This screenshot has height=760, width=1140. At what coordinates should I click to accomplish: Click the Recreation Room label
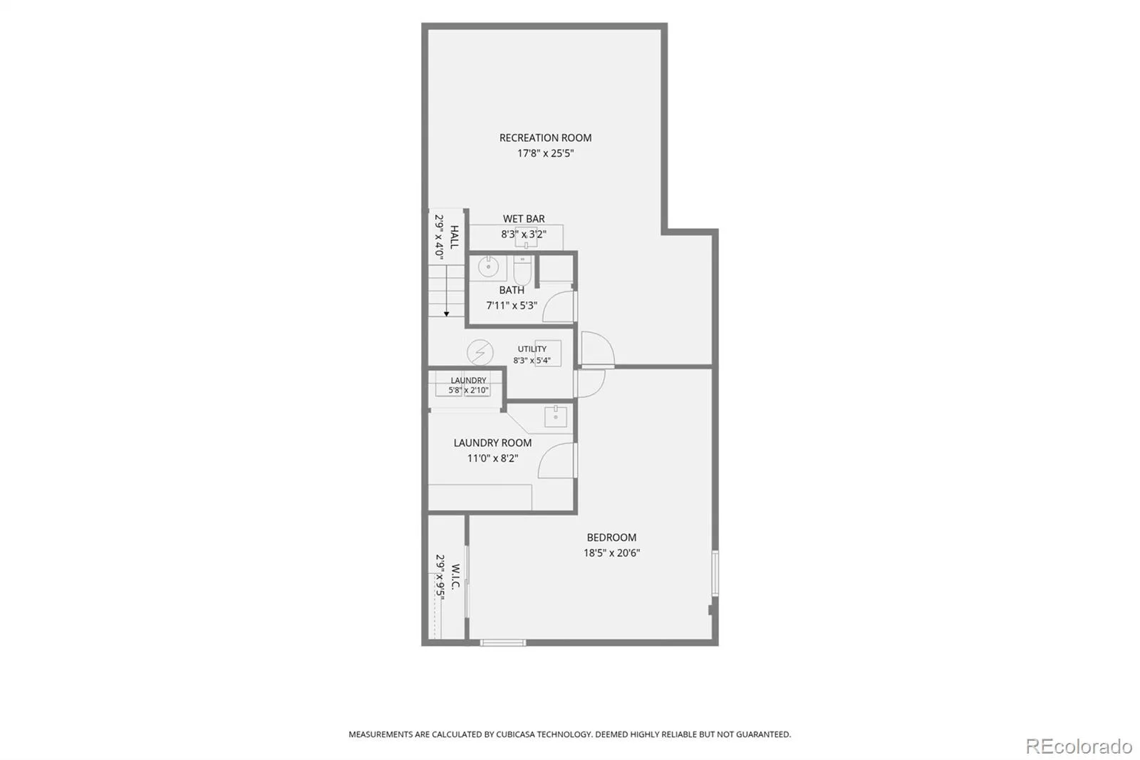545,138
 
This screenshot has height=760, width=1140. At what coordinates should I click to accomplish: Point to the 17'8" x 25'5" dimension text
545,153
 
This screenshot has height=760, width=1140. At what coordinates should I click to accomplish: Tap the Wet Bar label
524,219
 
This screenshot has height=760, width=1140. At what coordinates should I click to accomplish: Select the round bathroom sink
488,267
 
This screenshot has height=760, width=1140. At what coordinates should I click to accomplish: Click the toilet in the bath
522,270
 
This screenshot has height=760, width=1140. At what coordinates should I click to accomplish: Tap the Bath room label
512,290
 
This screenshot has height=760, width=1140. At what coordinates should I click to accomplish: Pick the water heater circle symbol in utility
480,352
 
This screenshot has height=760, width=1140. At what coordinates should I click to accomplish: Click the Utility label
532,349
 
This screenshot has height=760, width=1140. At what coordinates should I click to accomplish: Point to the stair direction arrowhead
446,314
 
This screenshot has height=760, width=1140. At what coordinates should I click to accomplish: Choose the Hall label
455,237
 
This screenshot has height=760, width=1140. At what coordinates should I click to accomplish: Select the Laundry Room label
492,443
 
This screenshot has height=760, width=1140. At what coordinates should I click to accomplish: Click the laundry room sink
556,416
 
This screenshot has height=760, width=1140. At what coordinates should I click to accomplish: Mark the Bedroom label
611,538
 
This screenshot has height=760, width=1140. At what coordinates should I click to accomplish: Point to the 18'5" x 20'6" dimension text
611,553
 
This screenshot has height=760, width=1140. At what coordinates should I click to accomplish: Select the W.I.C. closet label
455,576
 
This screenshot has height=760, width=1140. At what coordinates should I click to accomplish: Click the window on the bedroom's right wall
715,573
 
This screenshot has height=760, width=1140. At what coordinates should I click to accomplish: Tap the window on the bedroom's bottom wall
503,643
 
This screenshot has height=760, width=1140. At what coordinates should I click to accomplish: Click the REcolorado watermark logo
1079,746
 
